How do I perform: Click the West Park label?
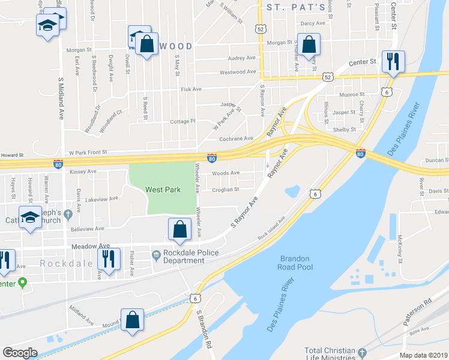pos(163,190)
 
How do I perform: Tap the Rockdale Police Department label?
pos(191,257)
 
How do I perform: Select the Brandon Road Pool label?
pos(295,262)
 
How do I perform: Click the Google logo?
pos(20,352)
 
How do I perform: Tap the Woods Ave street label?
pos(226,173)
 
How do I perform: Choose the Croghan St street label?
pos(226,190)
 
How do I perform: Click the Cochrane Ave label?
pos(236,139)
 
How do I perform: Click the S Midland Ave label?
pos(61,98)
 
